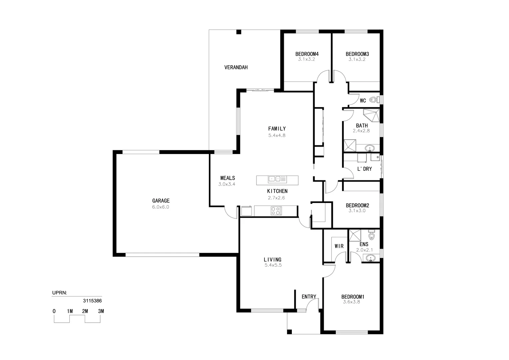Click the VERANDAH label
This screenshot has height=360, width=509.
[x=236, y=67]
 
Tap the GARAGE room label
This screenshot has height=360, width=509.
[x=161, y=201]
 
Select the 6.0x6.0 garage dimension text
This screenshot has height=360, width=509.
[x=161, y=207]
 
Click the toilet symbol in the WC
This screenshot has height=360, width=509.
[x=374, y=100]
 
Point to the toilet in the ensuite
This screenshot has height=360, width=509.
[x=371, y=234]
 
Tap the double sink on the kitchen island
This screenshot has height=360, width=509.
[x=277, y=179]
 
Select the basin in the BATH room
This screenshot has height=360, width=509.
[x=370, y=148]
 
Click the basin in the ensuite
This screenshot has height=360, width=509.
[x=371, y=258]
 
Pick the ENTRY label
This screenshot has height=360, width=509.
[x=309, y=297]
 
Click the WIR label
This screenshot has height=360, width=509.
[x=339, y=246]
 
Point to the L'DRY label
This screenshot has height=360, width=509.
[x=364, y=169]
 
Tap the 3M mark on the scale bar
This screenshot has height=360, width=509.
[x=101, y=311]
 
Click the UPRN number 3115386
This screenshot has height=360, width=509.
[x=92, y=301]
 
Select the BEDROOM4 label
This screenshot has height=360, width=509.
[x=307, y=54]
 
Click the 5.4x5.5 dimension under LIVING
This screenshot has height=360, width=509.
[x=273, y=265]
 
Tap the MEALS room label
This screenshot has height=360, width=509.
[x=228, y=178]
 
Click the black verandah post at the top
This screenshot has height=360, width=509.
[x=239, y=32]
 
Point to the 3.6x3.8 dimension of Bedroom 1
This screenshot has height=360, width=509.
[x=351, y=302]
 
